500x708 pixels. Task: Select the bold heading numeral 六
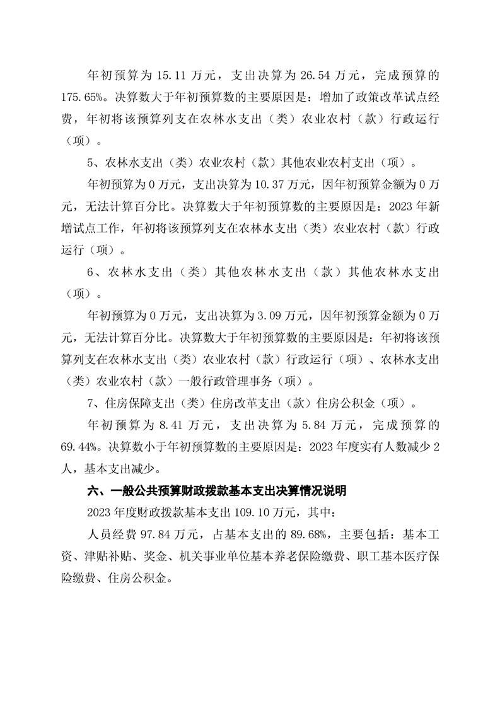91,490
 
